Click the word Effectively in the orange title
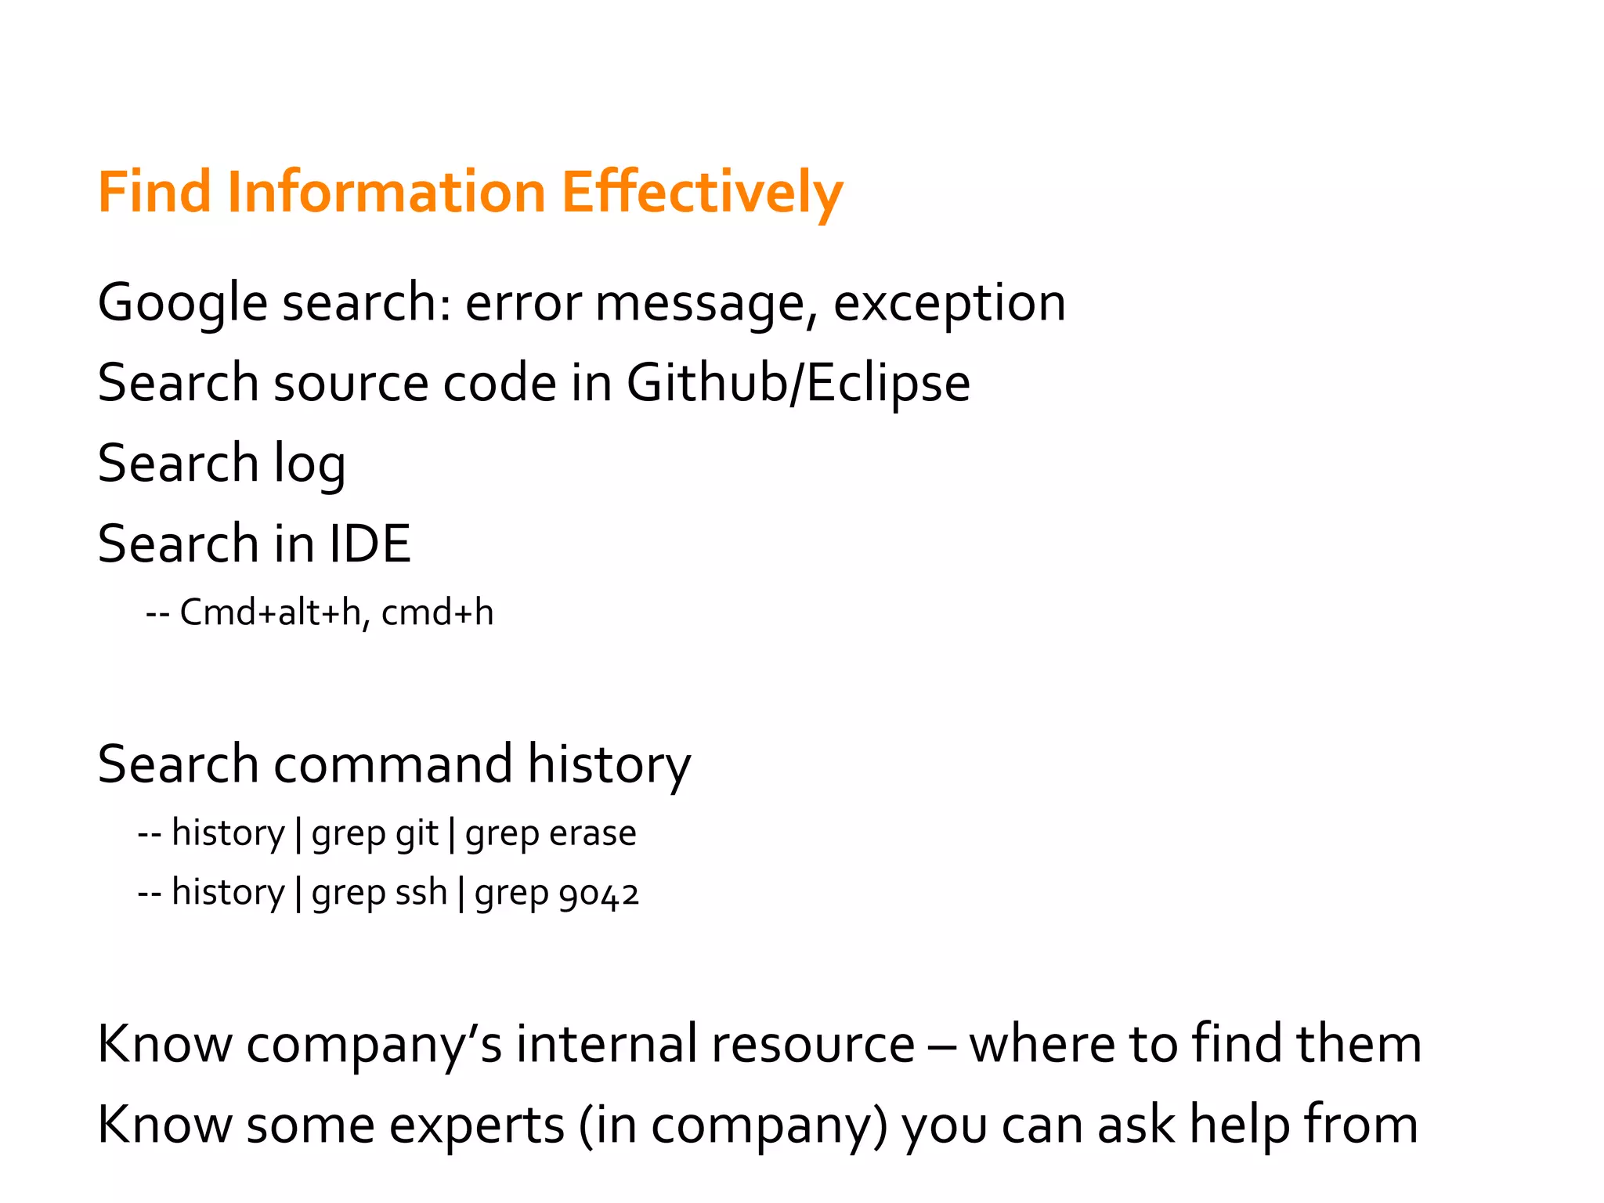pyautogui.click(x=702, y=193)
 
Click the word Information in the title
pyautogui.click(x=386, y=193)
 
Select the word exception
pyautogui.click(x=949, y=304)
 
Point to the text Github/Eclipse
pyautogui.click(x=798, y=384)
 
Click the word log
pyautogui.click(x=309, y=464)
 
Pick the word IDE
pyautogui.click(x=370, y=544)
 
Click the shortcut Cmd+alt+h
pyautogui.click(x=271, y=613)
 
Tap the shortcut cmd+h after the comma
pyautogui.click(x=438, y=613)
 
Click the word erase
pyautogui.click(x=593, y=833)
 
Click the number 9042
pyautogui.click(x=599, y=894)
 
